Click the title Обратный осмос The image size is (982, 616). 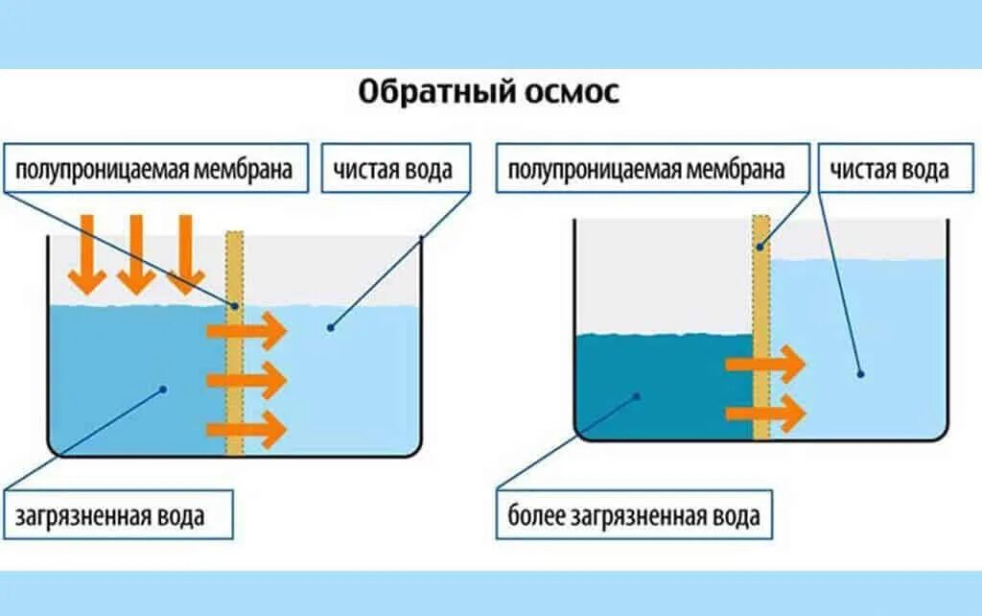coord(489,94)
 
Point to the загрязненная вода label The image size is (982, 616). coord(110,515)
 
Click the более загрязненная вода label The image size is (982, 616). coord(633,516)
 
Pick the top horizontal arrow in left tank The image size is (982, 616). coord(247,332)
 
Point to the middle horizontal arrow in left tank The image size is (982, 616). coord(247,380)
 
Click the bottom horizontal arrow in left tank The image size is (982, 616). coord(247,428)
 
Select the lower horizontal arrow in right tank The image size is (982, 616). coord(765,414)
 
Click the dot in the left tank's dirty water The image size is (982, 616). coord(164,390)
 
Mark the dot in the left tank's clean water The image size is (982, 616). coord(329,327)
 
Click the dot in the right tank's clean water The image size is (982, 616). coord(860,373)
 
